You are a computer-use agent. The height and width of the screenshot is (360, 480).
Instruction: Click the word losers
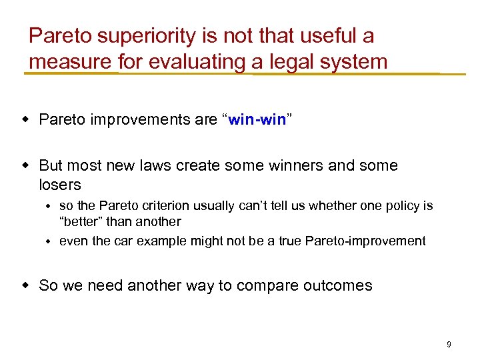60,185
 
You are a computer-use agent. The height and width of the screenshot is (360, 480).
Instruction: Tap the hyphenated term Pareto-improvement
365,241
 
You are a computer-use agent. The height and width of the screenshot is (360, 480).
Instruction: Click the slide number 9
449,345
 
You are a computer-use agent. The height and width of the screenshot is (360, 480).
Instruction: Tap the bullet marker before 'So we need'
25,285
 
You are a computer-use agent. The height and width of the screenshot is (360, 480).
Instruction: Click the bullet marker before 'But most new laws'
25,165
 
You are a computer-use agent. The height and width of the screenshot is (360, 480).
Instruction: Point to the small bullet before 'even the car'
49,241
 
